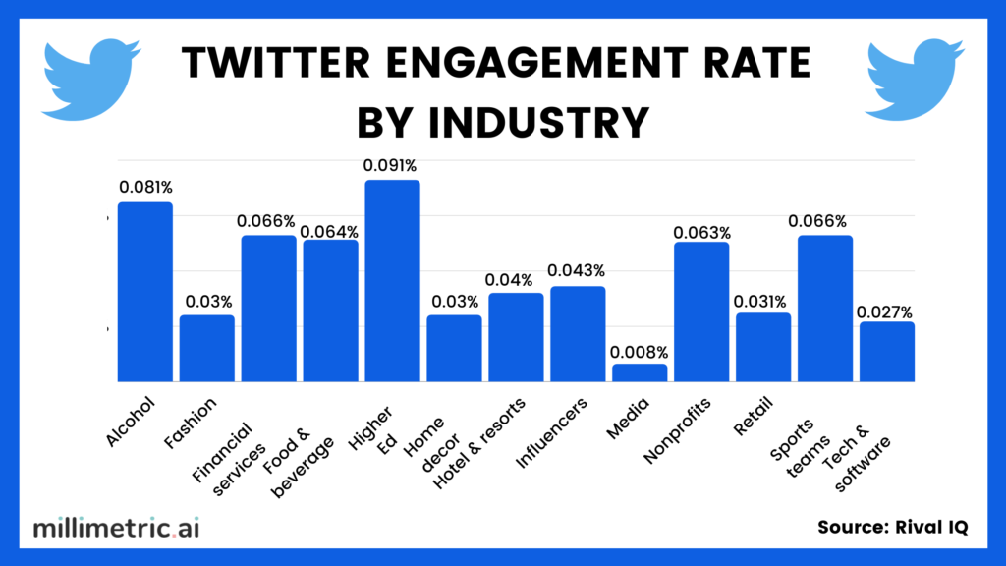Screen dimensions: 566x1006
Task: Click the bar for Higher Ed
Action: point(392,281)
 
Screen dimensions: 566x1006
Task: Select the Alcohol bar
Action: point(145,292)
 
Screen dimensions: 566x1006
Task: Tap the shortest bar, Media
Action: point(640,372)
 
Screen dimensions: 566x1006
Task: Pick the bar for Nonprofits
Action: point(701,311)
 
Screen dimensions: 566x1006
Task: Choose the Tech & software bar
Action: point(887,352)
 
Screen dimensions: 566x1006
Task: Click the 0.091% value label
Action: point(392,166)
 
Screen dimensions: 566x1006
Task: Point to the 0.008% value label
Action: point(639,352)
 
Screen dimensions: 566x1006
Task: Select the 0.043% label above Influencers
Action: point(577,270)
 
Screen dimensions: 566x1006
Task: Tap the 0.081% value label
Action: point(145,186)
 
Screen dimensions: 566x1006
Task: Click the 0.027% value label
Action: point(886,311)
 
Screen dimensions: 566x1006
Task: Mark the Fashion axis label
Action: point(200,419)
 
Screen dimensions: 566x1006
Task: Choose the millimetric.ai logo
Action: point(116,528)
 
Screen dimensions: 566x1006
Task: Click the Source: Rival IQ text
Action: point(892,528)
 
